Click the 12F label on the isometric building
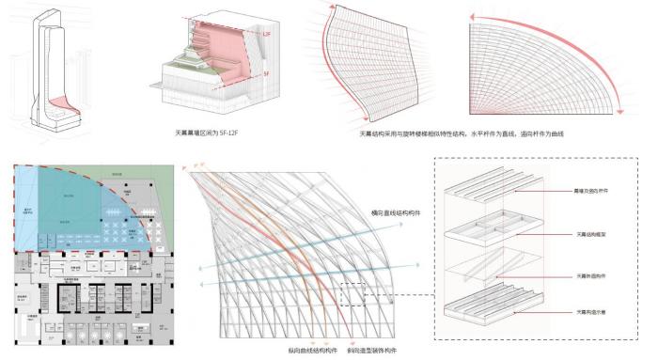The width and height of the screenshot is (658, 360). coord(266,34)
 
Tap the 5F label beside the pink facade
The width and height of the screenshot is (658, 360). coord(266,71)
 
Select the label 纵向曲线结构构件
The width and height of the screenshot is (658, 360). coord(309,350)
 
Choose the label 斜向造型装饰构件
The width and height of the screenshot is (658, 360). coord(374,350)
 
